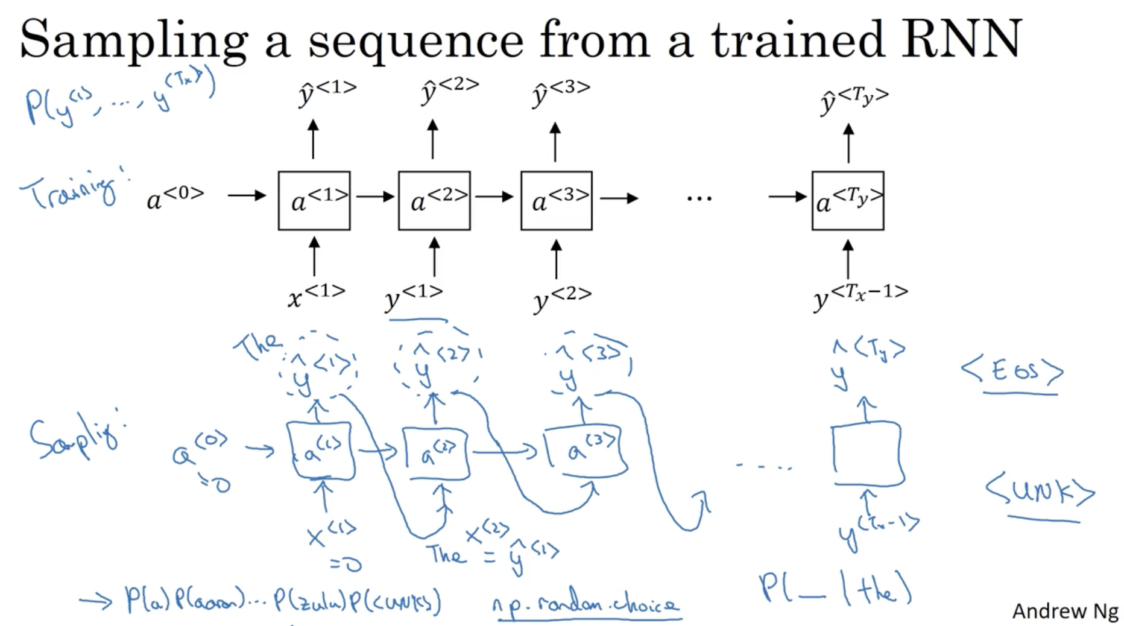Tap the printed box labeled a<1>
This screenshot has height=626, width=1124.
coord(314,201)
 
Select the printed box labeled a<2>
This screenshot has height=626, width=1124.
coord(434,201)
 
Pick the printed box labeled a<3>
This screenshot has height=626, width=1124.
coord(556,201)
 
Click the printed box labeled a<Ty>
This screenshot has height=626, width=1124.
coord(848,201)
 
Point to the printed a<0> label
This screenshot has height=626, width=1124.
coord(175,198)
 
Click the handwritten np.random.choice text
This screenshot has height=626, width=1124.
coord(585,605)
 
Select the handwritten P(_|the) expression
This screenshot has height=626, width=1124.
coord(835,588)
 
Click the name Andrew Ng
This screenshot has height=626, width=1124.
coord(1065,611)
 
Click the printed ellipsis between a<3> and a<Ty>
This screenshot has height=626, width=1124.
coord(699,198)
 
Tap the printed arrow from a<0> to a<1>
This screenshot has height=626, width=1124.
coord(247,195)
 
